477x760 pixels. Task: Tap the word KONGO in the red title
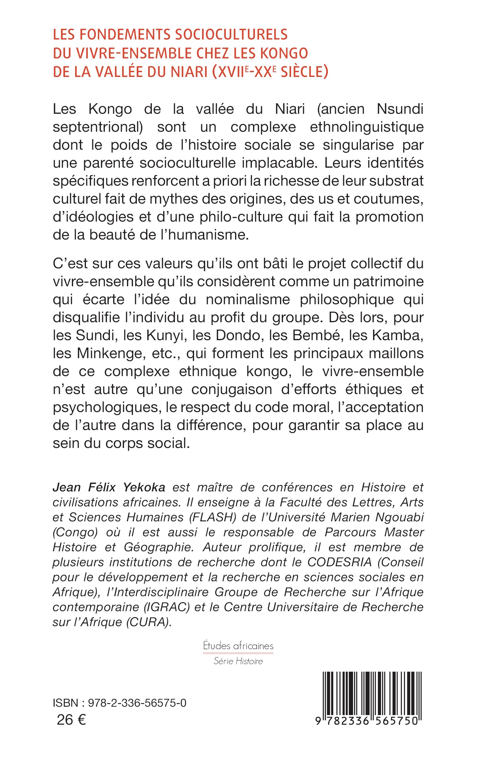pos(284,53)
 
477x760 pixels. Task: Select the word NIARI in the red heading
pos(189,72)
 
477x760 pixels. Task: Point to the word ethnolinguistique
pos(367,127)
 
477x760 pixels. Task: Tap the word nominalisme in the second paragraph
pos(248,299)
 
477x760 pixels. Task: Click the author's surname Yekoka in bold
pos(144,488)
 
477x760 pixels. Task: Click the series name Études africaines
pos(238,646)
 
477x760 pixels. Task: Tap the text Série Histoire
pos(238,661)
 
